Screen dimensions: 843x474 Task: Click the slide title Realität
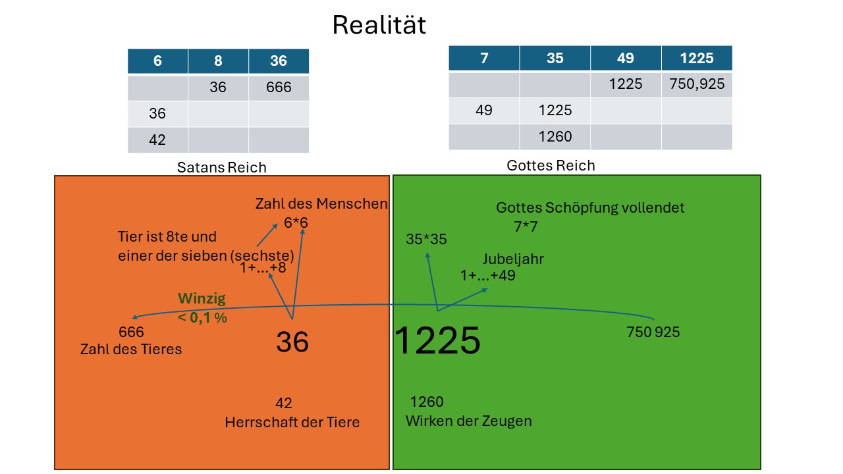[379, 25]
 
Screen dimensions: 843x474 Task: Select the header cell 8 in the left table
[218, 61]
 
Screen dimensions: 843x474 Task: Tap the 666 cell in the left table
[279, 88]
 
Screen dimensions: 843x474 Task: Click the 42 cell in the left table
[157, 140]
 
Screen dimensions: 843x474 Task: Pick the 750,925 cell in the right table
[697, 84]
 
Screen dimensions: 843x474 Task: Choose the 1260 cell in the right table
[555, 136]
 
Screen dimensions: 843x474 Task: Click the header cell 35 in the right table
[555, 58]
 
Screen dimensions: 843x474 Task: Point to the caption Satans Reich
[222, 167]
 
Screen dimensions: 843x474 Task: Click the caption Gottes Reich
[551, 165]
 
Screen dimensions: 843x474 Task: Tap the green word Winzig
[202, 298]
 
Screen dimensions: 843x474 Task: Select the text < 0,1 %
[202, 317]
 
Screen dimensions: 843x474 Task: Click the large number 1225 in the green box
[437, 340]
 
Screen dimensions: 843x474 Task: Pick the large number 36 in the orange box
[292, 342]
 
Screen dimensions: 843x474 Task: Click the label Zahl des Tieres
[131, 349]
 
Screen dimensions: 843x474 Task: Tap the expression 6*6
[296, 223]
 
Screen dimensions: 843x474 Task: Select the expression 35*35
[426, 239]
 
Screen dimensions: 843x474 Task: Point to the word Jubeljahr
[513, 259]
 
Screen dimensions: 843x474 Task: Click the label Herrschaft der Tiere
[292, 422]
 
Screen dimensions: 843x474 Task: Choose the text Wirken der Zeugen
[468, 421]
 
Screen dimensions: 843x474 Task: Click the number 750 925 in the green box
[653, 332]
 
